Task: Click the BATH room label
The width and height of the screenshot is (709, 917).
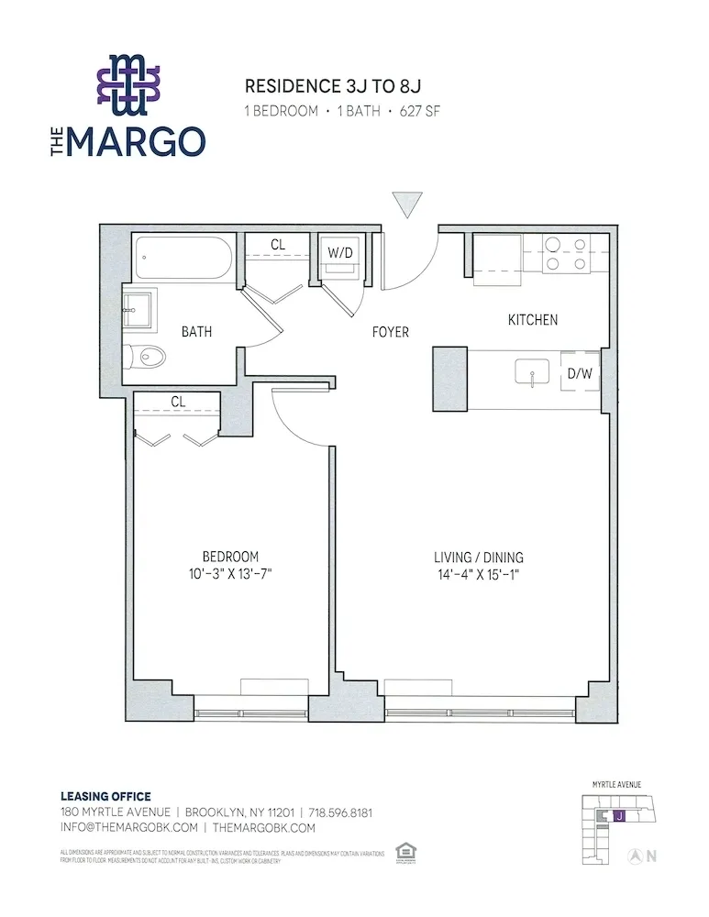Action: [x=196, y=331]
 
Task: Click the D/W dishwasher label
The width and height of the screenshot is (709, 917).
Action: [x=579, y=373]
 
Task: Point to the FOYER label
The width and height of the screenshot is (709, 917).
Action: [x=390, y=332]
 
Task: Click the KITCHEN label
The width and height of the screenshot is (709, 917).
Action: [x=533, y=320]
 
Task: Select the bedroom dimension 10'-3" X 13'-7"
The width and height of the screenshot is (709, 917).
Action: [x=230, y=574]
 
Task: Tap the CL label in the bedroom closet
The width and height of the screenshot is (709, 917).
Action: [x=178, y=401]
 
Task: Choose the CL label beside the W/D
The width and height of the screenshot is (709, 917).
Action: [x=277, y=245]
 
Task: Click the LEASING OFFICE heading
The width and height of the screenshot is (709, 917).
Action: [x=105, y=796]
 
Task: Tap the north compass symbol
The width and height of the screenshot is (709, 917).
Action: [x=633, y=856]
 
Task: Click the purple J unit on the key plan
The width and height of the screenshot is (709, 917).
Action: [x=619, y=815]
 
